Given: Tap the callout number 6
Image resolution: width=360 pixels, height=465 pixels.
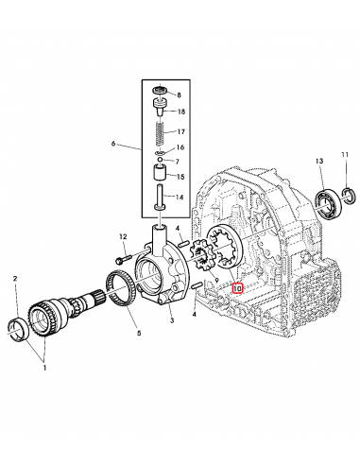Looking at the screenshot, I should coord(113,145).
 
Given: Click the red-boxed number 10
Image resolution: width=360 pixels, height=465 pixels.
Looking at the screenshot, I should coord(238,288).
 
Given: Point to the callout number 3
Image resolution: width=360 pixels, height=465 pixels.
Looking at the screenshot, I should coord(171,321).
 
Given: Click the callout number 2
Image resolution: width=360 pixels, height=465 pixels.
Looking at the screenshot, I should coord(15,278).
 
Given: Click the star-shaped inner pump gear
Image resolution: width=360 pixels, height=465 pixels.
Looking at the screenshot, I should coord(201,255).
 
